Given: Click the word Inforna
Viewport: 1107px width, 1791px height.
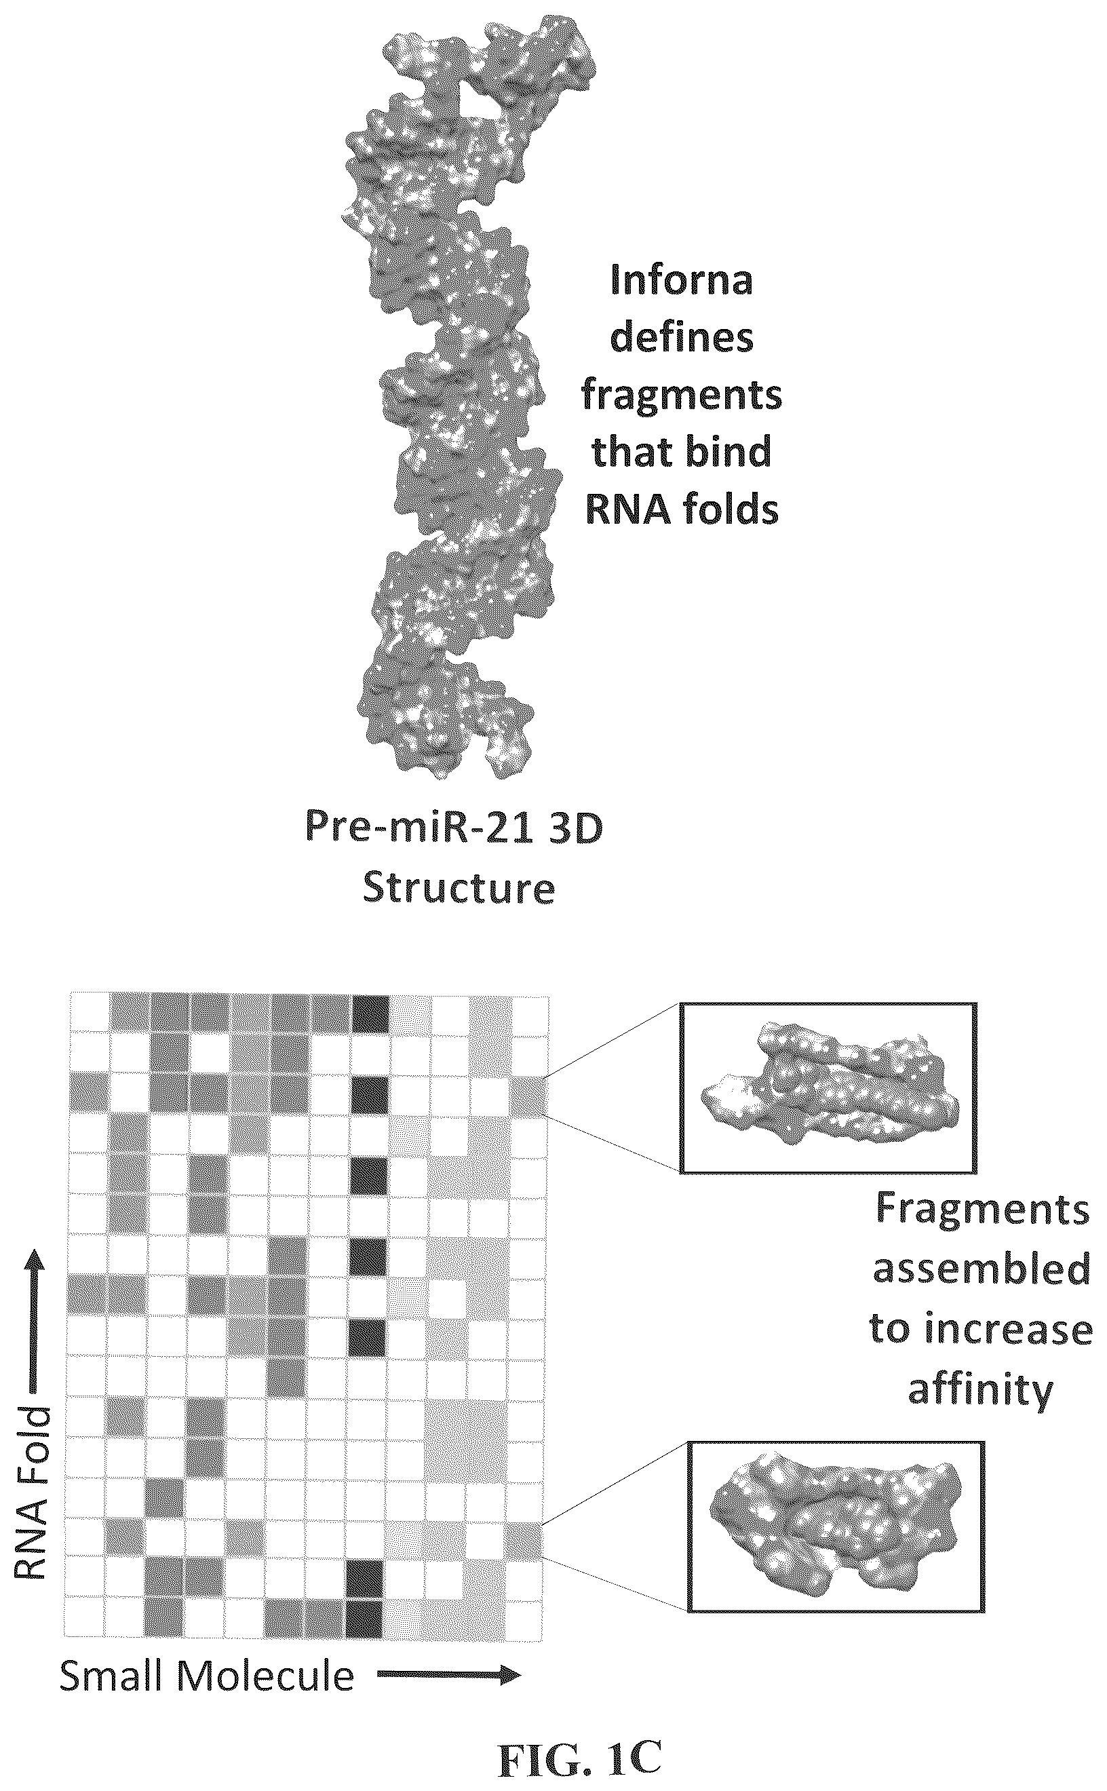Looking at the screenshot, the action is click(x=682, y=281).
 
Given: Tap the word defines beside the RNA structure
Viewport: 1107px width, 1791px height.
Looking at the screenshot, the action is click(x=682, y=339).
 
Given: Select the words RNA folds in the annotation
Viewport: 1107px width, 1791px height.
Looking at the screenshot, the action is click(x=682, y=509).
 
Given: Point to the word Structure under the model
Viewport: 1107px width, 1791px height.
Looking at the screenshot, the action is click(x=459, y=888).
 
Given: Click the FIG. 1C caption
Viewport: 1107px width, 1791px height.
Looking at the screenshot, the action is click(x=580, y=1741).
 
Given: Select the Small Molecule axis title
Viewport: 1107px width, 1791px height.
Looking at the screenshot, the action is click(x=206, y=1676).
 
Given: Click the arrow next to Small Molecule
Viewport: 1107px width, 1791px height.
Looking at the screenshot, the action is click(x=449, y=1676).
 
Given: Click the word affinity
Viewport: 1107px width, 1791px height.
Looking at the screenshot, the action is click(x=980, y=1390).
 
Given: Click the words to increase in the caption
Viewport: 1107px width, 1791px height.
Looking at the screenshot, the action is click(x=981, y=1328).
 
